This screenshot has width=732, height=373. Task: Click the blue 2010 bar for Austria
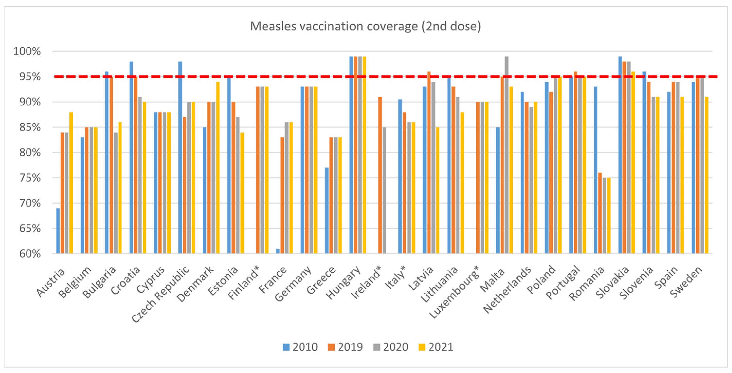[x=58, y=231]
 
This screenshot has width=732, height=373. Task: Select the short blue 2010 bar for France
[x=278, y=251]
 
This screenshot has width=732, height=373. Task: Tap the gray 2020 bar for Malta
[x=507, y=155]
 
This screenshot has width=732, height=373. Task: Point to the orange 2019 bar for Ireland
[x=380, y=175]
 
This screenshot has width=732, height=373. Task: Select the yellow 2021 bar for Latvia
[x=438, y=190]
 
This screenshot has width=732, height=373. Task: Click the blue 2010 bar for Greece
[x=327, y=210]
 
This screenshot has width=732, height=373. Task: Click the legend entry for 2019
[x=345, y=347]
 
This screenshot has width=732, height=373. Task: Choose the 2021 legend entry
[x=436, y=347]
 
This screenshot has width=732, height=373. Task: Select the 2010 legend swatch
[x=286, y=347]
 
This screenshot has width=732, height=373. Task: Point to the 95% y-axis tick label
[x=30, y=77]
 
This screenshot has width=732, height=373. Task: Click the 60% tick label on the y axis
[x=30, y=254]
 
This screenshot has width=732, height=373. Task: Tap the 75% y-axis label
[x=30, y=178]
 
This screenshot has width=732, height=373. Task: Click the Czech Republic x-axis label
[x=161, y=295]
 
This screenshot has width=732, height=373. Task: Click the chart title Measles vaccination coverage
[x=366, y=26]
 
